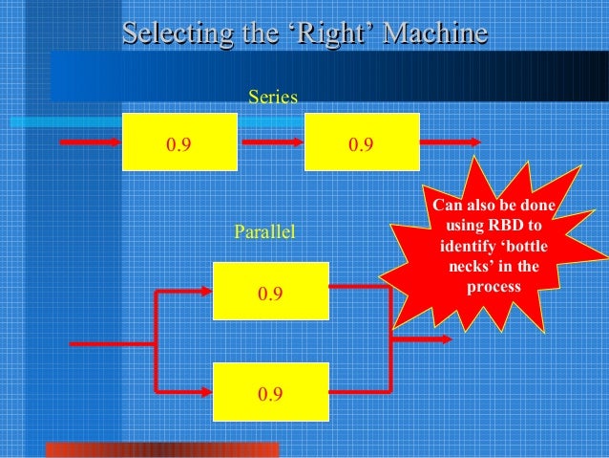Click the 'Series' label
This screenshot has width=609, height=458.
(273, 98)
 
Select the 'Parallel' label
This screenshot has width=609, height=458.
(265, 231)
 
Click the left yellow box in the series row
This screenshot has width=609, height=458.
(179, 142)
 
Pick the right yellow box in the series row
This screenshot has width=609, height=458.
(362, 142)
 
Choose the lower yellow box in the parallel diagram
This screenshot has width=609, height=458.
(271, 391)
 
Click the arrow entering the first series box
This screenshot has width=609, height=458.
(92, 143)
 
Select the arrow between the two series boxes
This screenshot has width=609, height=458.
(271, 143)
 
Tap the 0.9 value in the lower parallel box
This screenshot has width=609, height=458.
(271, 392)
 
